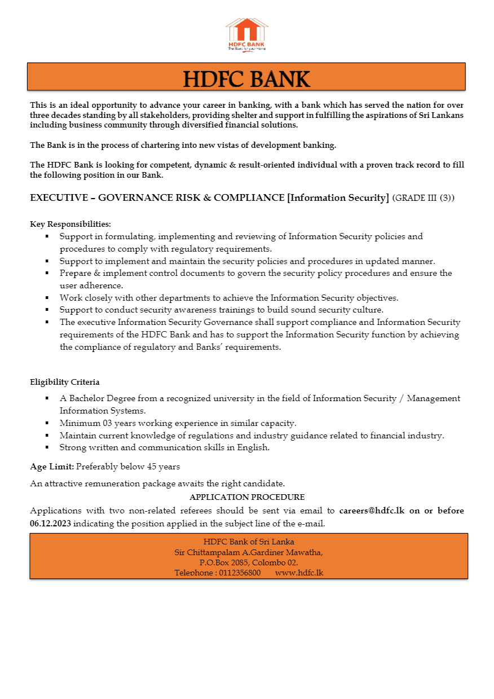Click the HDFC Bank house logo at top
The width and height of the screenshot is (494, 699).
pos(246,33)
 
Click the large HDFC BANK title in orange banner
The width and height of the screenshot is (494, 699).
pos(246,79)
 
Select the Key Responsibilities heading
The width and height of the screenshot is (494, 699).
pos(70,224)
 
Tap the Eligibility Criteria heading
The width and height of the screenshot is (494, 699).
pos(65,382)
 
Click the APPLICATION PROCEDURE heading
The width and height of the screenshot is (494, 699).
pos(247,497)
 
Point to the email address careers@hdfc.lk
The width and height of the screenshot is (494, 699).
pos(372,511)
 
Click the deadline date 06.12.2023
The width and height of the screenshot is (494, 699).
pos(51,524)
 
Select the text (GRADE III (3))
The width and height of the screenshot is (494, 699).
pos(424,198)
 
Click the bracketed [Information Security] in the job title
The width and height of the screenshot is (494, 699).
pos(338,198)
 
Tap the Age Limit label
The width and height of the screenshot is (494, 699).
pos(52,467)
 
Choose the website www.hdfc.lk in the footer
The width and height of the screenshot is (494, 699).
pos(299,573)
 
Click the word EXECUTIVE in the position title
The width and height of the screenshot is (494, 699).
pos(58,198)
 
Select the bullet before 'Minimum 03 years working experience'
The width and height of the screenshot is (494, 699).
pos(47,423)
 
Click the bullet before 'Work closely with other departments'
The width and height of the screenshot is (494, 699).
pos(47,298)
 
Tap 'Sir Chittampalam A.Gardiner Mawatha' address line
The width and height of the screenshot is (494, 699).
pos(248,552)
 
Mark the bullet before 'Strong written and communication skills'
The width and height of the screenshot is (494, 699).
pos(47,448)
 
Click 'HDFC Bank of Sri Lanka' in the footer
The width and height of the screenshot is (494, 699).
pos(248,542)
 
